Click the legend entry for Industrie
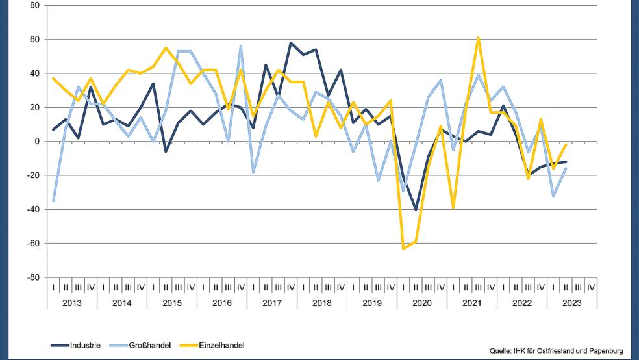click(x=76, y=345)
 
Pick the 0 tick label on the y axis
click(x=37, y=141)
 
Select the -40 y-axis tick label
click(x=33, y=209)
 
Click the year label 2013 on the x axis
click(x=71, y=303)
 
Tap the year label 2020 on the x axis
click(x=422, y=303)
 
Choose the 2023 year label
click(x=572, y=303)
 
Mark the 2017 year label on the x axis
click(x=272, y=303)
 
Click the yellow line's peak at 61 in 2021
click(x=479, y=38)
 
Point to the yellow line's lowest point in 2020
click(x=403, y=248)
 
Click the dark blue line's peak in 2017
click(x=291, y=43)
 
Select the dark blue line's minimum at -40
click(x=416, y=209)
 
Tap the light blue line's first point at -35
click(x=53, y=201)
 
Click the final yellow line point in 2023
click(x=566, y=145)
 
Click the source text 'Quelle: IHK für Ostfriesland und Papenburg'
click(x=560, y=347)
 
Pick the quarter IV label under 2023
click(x=591, y=286)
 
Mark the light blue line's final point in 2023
click(x=566, y=168)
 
